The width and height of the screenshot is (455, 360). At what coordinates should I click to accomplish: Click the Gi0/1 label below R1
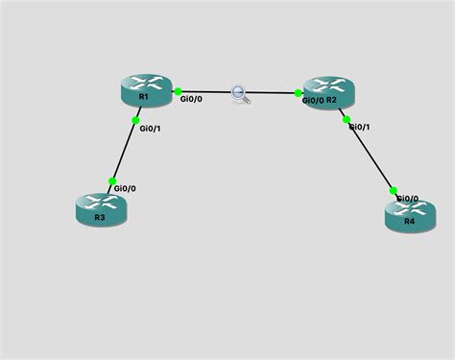(152, 127)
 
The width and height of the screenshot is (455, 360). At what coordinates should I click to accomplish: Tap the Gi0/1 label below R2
(359, 127)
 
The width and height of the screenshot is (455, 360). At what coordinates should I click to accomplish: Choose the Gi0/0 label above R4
(407, 198)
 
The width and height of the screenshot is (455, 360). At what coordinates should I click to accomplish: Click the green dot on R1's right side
(179, 91)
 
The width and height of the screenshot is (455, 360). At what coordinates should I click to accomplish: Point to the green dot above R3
(113, 180)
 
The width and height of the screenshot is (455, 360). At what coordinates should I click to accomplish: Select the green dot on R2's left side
(298, 94)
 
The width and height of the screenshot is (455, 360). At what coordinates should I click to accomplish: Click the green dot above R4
(394, 190)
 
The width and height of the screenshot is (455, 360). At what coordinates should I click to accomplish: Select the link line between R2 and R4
(368, 155)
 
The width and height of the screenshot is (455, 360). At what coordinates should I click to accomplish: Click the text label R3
(99, 218)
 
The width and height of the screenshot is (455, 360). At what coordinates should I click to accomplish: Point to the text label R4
(409, 221)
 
